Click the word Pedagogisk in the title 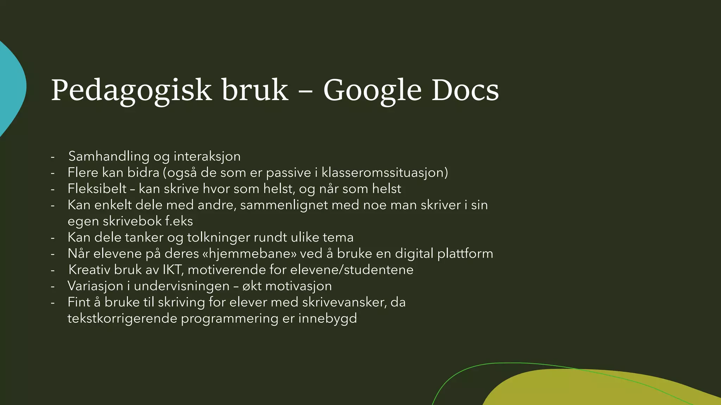tap(131, 90)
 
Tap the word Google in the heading tap(372, 90)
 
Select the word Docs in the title tap(465, 90)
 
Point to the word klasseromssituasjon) tap(385, 173)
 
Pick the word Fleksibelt tap(97, 189)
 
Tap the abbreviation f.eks tap(179, 221)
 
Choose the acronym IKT tap(172, 270)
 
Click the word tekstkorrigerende tap(122, 319)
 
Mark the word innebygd tap(327, 319)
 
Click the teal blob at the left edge tap(11, 88)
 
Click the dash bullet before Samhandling tap(53, 157)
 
